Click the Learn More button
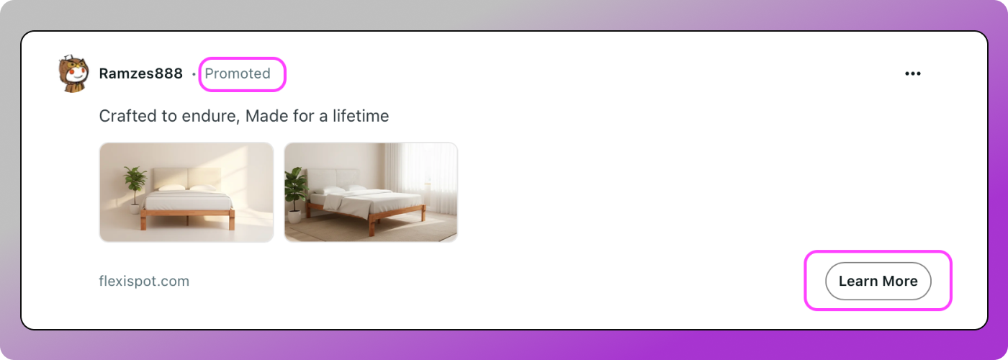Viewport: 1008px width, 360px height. pyautogui.click(x=878, y=281)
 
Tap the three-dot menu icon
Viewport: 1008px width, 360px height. pyautogui.click(x=913, y=73)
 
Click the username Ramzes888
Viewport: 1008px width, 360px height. pyautogui.click(x=141, y=73)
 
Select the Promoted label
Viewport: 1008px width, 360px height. pyautogui.click(x=238, y=73)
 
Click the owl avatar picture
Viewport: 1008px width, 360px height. pyautogui.click(x=73, y=73)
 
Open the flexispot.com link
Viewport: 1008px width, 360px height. pyautogui.click(x=144, y=281)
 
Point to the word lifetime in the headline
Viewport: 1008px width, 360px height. pyautogui.click(x=361, y=116)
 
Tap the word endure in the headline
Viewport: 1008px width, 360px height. pyautogui.click(x=209, y=116)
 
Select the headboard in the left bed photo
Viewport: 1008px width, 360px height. pyautogui.click(x=187, y=179)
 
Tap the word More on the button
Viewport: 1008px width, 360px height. pyautogui.click(x=900, y=281)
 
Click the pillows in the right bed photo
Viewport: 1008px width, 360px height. pyautogui.click(x=344, y=189)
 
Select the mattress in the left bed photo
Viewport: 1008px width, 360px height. pyautogui.click(x=187, y=200)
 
